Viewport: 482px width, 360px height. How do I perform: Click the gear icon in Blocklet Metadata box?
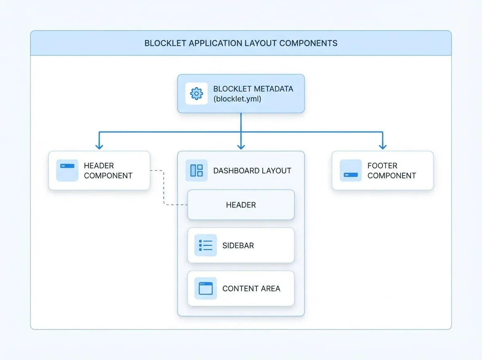coord(196,94)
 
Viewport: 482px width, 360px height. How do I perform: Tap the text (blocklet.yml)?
coord(237,99)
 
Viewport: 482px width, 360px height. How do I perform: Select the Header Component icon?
coord(67,170)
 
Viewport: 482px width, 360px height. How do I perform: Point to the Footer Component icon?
coord(351,170)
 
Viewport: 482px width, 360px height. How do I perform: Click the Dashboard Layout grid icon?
coord(196,170)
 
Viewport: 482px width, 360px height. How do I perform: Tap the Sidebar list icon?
coord(206,245)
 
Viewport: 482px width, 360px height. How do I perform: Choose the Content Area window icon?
coord(206,288)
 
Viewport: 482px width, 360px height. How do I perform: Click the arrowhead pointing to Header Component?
coord(99,147)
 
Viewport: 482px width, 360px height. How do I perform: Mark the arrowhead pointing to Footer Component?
coord(382,147)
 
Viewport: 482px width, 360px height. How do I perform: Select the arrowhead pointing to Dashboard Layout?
coord(241,147)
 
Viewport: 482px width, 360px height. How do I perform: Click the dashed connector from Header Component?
coord(164,188)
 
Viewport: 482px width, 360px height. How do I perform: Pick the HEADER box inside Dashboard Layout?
coord(241,205)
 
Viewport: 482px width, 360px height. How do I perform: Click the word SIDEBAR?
coord(238,245)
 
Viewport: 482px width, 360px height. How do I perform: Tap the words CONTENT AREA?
coord(251,288)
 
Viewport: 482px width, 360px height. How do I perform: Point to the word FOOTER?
coord(382,166)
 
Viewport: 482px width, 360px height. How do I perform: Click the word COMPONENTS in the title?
coord(308,43)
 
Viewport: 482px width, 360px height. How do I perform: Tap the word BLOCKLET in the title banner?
coord(165,43)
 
